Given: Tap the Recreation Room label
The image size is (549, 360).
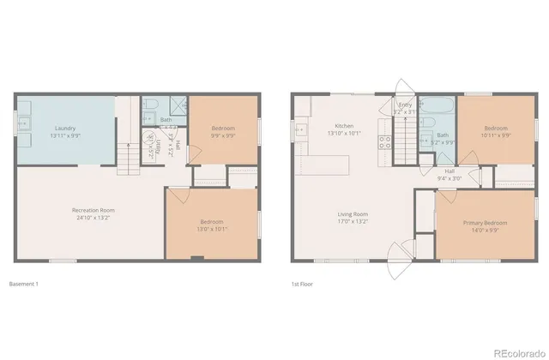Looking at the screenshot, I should tap(94, 210).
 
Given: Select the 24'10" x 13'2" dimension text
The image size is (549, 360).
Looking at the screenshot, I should tap(94, 218).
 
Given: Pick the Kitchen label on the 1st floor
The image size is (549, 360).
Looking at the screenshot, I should tap(344, 126).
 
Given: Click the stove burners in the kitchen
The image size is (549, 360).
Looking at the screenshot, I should tap(384, 142).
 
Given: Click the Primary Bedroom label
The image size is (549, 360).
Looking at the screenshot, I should tap(486, 222).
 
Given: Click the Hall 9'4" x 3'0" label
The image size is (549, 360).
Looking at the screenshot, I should tap(449, 175).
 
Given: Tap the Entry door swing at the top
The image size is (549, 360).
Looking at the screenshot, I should tap(401, 89).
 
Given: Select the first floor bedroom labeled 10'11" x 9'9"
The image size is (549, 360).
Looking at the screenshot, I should tap(495, 131).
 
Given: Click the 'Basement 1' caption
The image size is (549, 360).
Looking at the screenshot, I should tap(23, 284).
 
